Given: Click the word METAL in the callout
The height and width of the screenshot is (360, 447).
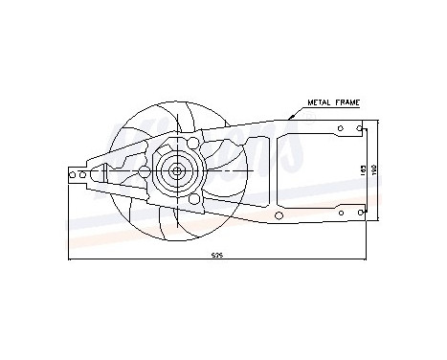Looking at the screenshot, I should [x=320, y=100].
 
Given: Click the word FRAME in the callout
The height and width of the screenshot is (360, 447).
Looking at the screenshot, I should [x=346, y=100].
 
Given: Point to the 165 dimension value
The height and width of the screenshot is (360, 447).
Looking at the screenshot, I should [x=362, y=169].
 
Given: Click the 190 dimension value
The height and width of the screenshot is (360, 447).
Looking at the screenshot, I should [x=375, y=169].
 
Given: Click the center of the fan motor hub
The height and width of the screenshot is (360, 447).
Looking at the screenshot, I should [x=177, y=172].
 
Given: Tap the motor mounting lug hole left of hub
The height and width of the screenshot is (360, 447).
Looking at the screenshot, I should [x=144, y=172].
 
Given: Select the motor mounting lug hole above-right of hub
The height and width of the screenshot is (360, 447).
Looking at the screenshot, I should [x=194, y=144].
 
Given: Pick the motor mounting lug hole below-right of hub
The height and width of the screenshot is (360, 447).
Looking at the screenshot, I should [x=194, y=200].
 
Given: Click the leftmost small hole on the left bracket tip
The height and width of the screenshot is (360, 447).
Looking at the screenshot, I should [x=73, y=173].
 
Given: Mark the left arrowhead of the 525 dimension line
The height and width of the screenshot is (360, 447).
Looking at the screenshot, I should [x=71, y=259].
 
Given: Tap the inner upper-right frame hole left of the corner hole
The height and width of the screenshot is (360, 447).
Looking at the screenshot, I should [x=341, y=127].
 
